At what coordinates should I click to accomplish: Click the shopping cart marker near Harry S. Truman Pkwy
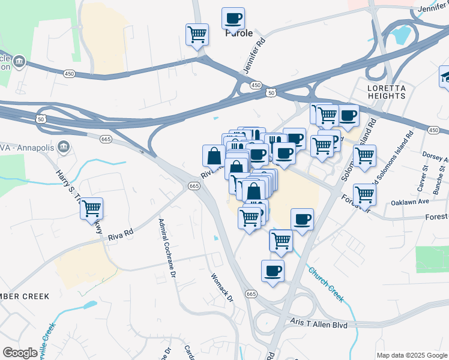91,209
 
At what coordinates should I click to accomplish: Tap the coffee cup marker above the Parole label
233,18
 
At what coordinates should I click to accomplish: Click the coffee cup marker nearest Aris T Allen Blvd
273,271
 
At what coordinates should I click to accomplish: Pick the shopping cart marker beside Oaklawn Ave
364,194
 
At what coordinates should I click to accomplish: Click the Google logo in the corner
20,353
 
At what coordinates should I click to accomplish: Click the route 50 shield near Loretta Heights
271,93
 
